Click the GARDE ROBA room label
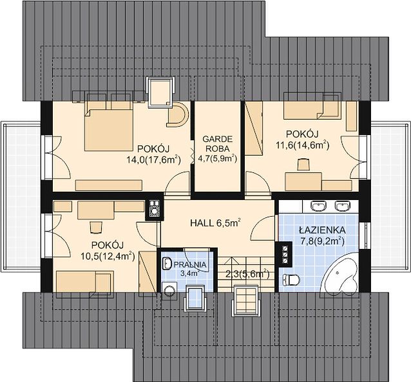[217, 143]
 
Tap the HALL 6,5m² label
[215, 223]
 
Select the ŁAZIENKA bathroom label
[322, 230]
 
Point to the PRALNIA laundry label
[190, 265]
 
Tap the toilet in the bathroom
[291, 280]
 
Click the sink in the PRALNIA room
[166, 263]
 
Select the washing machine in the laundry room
[169, 291]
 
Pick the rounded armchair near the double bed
[178, 115]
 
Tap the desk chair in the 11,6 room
[303, 165]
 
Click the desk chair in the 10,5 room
[96, 227]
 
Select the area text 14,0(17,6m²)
[153, 159]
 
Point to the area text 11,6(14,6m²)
[303, 145]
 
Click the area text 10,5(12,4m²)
[108, 255]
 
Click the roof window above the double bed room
[162, 93]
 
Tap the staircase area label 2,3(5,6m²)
[248, 274]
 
